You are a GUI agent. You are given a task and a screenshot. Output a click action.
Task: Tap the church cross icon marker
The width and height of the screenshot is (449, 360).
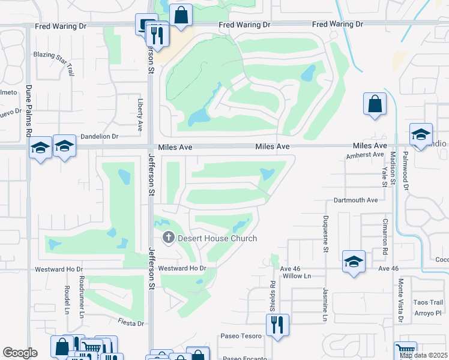point(168,238)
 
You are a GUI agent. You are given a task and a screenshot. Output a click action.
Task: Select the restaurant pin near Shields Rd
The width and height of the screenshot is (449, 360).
point(277,325)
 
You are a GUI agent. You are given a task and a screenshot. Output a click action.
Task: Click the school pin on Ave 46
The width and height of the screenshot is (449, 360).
point(354,262)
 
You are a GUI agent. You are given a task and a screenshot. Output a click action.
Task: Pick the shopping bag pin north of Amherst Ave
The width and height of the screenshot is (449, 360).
point(375,104)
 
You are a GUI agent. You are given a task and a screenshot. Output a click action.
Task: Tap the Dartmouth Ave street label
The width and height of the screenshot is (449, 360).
point(356,200)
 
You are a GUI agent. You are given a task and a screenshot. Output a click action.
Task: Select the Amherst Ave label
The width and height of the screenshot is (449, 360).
point(364,155)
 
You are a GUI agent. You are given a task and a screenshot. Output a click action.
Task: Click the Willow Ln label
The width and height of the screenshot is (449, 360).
point(298,276)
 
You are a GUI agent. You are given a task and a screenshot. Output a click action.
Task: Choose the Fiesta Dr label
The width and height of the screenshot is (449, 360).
point(131,323)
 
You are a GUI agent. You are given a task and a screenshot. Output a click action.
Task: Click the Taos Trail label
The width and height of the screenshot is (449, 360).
point(428,302)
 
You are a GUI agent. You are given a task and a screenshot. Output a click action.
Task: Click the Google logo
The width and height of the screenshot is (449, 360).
point(20,353)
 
